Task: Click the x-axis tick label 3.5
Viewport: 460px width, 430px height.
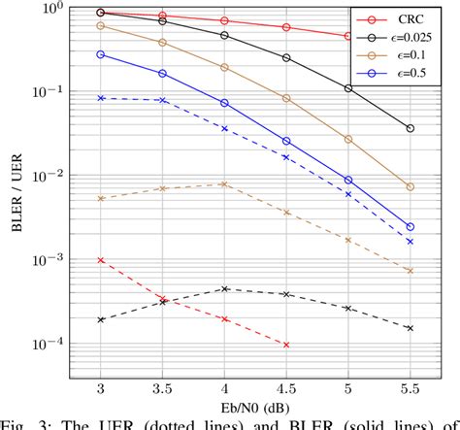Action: [162, 388]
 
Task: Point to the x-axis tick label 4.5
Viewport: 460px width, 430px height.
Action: [286, 388]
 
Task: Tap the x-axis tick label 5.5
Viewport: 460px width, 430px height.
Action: [410, 388]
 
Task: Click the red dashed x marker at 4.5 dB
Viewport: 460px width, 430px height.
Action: [286, 345]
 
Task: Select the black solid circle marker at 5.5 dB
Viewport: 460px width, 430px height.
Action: [410, 128]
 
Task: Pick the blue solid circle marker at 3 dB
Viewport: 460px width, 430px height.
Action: [101, 54]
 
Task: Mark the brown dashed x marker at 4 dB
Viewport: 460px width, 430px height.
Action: [224, 183]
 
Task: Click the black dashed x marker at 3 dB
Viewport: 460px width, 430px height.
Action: [101, 319]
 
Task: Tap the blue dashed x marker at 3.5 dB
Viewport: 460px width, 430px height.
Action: [162, 100]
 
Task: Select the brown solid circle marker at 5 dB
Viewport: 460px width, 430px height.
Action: [347, 140]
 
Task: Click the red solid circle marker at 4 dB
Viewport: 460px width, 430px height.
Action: [224, 20]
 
